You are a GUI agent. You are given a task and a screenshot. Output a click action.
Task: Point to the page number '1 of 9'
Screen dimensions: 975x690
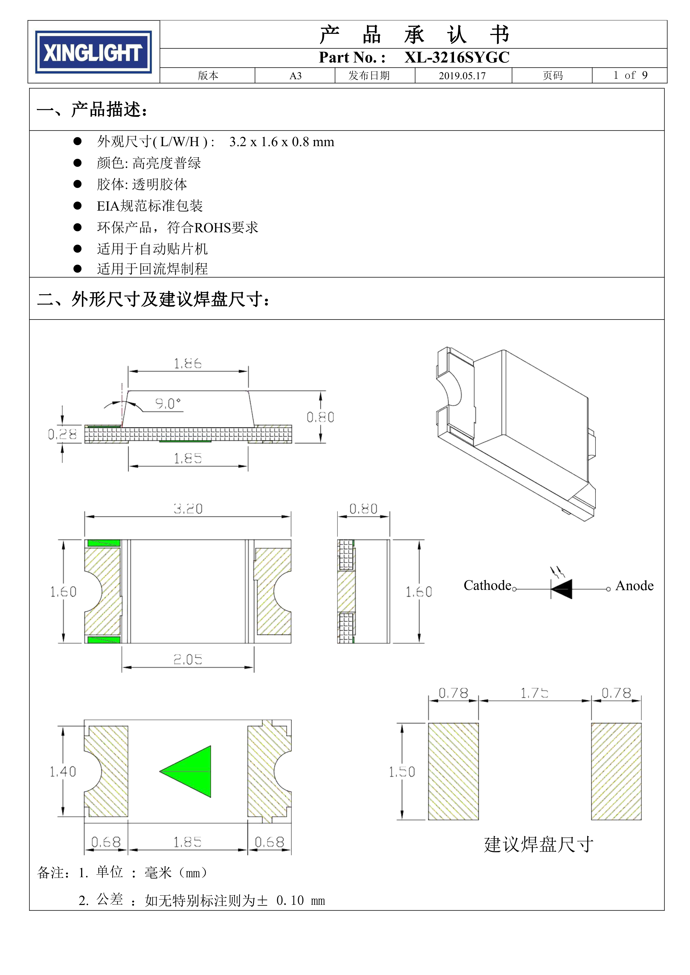630,76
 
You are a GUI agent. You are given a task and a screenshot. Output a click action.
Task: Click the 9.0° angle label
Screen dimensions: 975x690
167,403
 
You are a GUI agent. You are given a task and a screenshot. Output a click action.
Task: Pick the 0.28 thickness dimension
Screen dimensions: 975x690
62,434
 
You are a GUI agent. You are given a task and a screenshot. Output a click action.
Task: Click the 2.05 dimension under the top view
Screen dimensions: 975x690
188,659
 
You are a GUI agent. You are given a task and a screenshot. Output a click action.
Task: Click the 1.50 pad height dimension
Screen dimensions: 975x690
401,772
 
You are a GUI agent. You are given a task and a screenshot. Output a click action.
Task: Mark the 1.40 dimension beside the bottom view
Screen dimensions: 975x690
63,772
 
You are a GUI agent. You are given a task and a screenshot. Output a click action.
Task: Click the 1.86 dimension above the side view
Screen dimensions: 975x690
188,363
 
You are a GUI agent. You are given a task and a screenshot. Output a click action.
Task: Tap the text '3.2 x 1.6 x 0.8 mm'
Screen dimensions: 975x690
282,142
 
